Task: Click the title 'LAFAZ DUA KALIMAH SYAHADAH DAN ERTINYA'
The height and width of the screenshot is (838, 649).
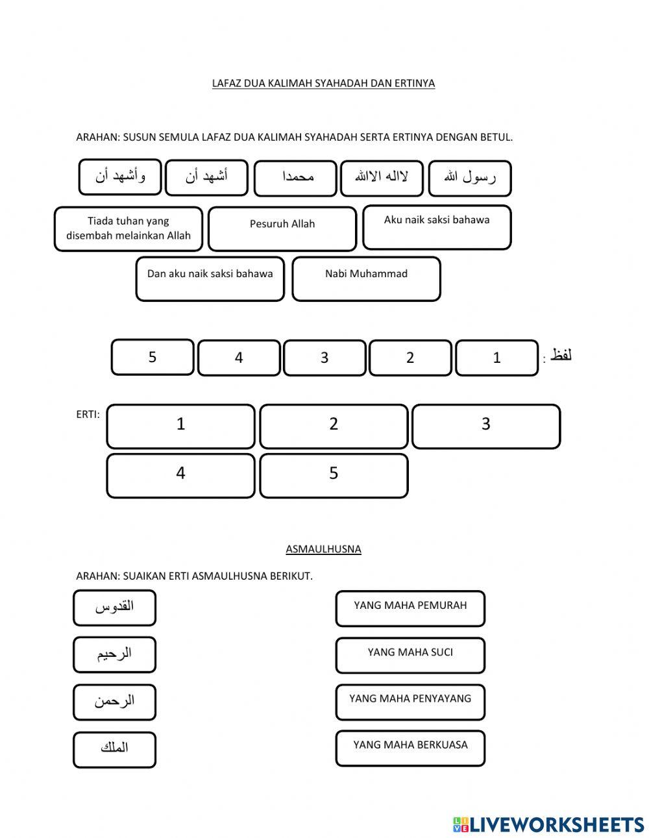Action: tap(323, 83)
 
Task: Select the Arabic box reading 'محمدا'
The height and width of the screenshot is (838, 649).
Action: tap(295, 178)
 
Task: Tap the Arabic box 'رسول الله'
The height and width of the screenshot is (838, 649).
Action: tap(470, 178)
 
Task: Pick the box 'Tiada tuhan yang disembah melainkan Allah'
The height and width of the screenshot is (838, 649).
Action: tap(129, 228)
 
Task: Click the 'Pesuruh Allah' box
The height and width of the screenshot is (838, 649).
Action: tap(282, 228)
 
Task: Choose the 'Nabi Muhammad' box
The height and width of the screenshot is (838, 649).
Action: tap(366, 278)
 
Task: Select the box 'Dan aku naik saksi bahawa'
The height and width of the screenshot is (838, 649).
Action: tap(210, 278)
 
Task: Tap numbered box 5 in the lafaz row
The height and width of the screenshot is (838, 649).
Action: tap(153, 357)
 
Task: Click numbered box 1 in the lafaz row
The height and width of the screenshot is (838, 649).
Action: tap(497, 358)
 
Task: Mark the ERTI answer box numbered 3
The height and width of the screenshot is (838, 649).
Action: tap(486, 426)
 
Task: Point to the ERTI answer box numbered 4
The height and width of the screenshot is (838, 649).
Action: tap(180, 476)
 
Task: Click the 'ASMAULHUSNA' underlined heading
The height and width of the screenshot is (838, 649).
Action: tap(323, 549)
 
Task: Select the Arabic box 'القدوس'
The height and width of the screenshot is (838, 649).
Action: tap(115, 608)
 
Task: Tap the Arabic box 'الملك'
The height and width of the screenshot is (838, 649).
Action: tap(115, 750)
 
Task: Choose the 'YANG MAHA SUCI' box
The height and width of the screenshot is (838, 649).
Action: tap(410, 655)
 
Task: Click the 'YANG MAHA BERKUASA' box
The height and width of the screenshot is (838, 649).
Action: tap(410, 748)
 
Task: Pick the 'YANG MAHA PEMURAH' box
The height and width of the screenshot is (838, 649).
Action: tap(410, 608)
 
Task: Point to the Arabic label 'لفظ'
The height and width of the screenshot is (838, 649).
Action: tap(561, 355)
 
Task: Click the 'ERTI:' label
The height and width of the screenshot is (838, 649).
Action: tap(88, 414)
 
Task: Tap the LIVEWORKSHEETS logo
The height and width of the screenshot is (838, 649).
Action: tap(548, 824)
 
